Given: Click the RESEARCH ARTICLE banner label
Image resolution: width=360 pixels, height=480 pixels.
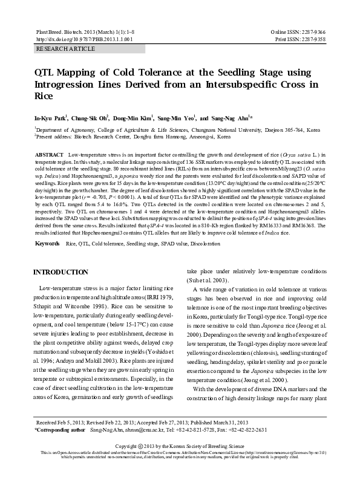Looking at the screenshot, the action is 66,48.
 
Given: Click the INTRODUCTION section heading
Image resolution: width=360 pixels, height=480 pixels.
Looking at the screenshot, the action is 61,273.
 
